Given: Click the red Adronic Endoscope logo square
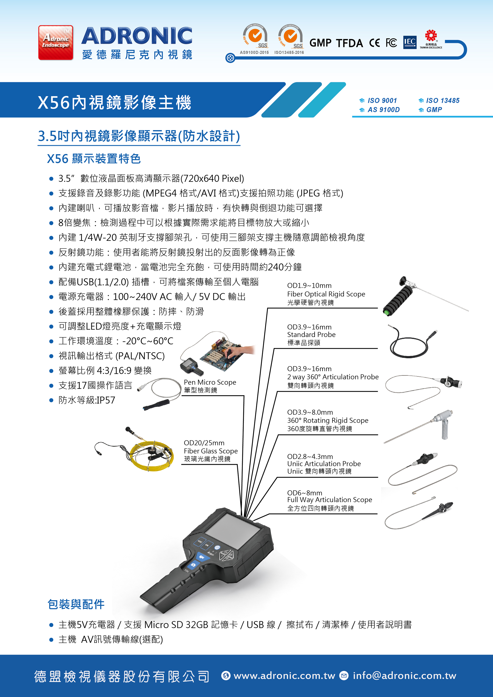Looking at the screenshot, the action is pyautogui.click(x=56, y=42).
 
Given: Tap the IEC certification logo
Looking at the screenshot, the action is pyautogui.click(x=410, y=42).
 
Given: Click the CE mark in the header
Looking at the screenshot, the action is pyautogui.click(x=374, y=43).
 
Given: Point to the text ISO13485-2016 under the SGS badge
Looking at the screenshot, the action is pyautogui.click(x=289, y=53).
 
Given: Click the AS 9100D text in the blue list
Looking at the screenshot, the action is pyautogui.click(x=384, y=110).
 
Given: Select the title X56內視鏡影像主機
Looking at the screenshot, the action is pyautogui.click(x=114, y=102).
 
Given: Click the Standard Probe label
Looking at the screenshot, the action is pyautogui.click(x=311, y=334).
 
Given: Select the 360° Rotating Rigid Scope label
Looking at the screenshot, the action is pyautogui.click(x=328, y=420).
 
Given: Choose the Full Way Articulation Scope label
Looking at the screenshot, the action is pyautogui.click(x=329, y=500).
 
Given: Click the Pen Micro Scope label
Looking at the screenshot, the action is pyautogui.click(x=210, y=382).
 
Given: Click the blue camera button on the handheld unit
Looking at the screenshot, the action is pyautogui.click(x=193, y=565).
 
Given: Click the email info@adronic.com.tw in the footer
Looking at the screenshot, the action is pyautogui.click(x=404, y=675).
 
